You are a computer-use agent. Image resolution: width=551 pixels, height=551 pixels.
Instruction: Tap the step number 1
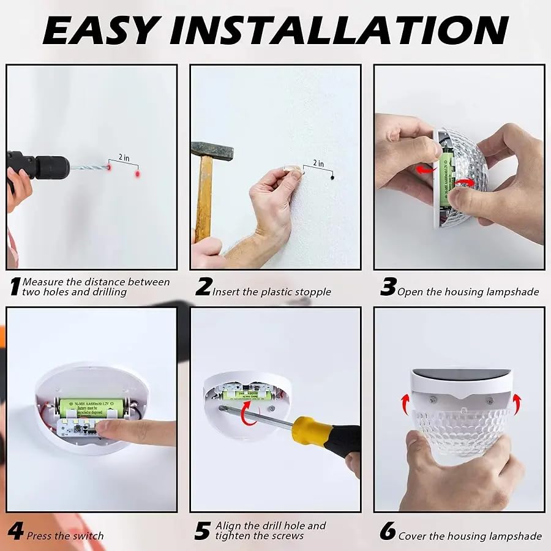pos(14,287)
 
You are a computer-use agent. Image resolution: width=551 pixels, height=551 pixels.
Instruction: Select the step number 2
pos(203,287)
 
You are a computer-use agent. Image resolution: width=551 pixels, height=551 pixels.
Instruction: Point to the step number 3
pos(388,287)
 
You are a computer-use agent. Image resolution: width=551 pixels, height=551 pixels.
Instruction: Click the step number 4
pos(15,531)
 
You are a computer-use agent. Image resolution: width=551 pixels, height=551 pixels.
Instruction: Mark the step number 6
pos(388,531)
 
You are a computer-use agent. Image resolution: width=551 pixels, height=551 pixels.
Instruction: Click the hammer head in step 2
pos(211,150)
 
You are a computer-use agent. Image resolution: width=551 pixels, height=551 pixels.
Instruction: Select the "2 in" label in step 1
pos(124,158)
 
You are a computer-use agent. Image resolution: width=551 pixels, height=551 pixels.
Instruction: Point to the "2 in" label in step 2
pos(318,163)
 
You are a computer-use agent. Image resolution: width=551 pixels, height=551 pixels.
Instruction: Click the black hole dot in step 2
pos(332,179)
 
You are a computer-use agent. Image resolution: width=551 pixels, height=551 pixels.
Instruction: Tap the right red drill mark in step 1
pos(138,174)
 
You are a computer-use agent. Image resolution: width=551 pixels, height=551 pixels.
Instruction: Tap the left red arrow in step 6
pos(405,403)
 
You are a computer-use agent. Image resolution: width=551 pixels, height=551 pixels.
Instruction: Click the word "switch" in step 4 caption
pos(87,536)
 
